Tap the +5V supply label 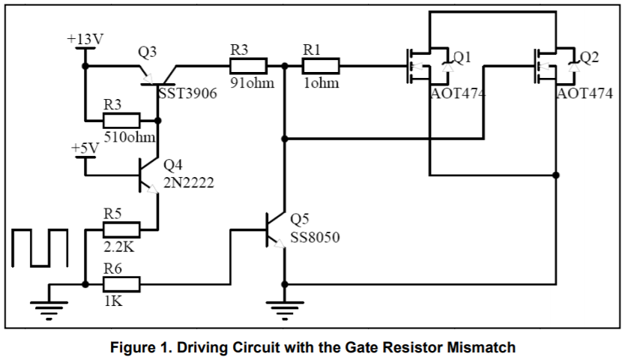point(85,148)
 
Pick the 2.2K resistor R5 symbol point(121,229)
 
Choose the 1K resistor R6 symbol point(121,284)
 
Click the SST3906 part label point(188,96)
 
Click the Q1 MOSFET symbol point(427,67)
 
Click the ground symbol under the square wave point(49,308)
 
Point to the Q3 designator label point(148,52)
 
